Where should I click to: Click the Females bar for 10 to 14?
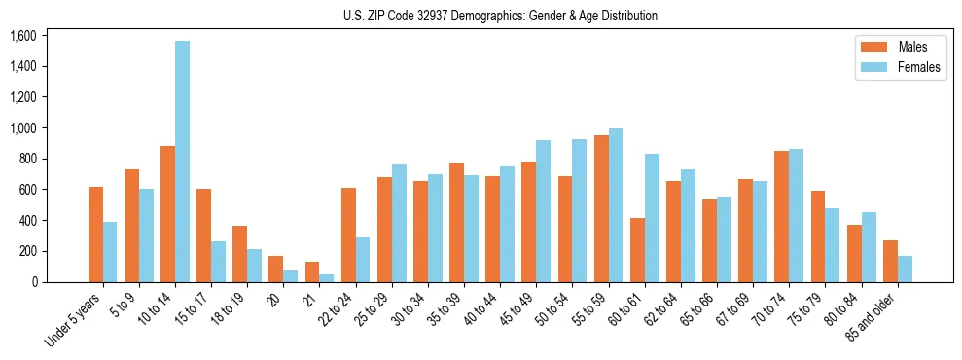pyautogui.click(x=183, y=162)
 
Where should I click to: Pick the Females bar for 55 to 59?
pyautogui.click(x=616, y=205)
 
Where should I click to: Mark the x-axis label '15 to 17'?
pyautogui.click(x=190, y=309)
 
